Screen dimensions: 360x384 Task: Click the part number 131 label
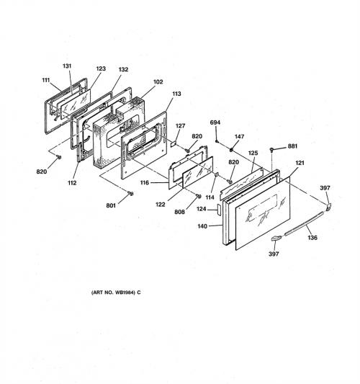[x=67, y=66]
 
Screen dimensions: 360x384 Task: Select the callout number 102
[x=158, y=82]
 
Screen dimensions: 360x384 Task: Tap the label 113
[x=176, y=94]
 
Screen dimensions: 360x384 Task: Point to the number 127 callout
[x=181, y=126]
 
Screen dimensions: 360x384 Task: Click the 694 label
[x=215, y=122]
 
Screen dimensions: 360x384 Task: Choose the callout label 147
[x=239, y=136]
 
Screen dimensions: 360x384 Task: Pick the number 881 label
[x=292, y=146]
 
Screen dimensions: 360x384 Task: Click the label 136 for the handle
[x=312, y=237]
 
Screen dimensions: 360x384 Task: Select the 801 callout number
[x=111, y=205]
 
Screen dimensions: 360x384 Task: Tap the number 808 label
[x=179, y=212]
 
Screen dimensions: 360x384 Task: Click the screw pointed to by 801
[x=131, y=194]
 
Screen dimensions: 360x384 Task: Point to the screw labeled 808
[x=199, y=196]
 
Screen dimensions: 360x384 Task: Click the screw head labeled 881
[x=271, y=149]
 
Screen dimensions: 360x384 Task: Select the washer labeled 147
[x=231, y=149]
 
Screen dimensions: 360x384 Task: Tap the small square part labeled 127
[x=174, y=143]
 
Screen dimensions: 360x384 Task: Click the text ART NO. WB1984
[x=113, y=293]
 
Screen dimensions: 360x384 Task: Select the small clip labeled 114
[x=216, y=175]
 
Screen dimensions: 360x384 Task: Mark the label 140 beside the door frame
[x=202, y=226]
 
